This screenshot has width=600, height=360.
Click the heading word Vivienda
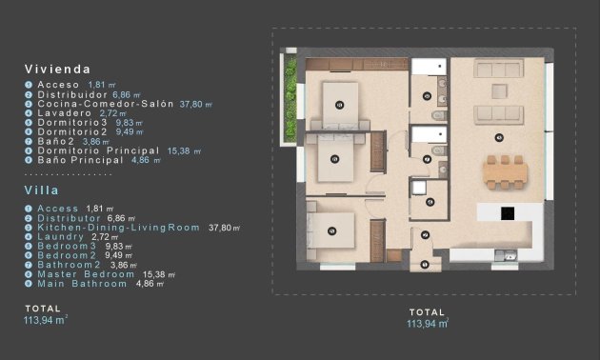tap(58, 70)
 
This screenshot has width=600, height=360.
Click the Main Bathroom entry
tap(82, 284)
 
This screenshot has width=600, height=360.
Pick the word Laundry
tap(60, 236)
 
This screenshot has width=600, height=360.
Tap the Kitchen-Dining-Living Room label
tap(118, 228)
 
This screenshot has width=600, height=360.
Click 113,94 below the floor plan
tap(425, 324)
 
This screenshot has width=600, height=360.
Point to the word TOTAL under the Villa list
tap(43, 309)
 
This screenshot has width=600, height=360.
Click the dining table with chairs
tap(503, 171)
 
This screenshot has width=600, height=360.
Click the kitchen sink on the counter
tap(510, 255)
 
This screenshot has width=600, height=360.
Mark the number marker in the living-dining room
tap(499, 137)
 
